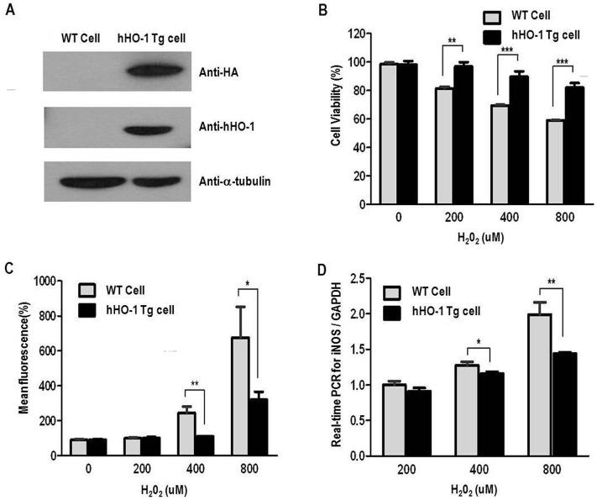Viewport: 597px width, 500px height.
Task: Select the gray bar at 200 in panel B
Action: point(444,145)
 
